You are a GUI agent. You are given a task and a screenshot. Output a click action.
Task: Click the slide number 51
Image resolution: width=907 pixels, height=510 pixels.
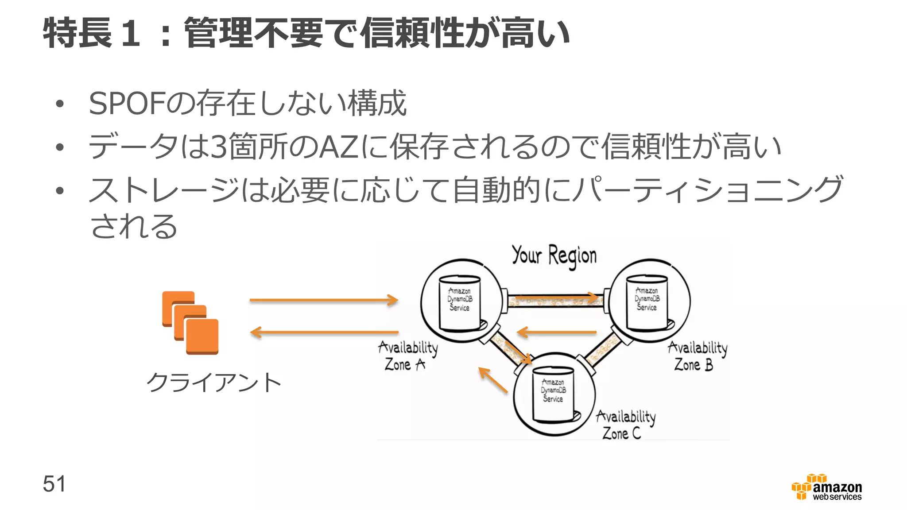click(x=54, y=483)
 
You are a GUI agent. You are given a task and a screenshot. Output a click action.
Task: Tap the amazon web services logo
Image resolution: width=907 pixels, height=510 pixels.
click(x=827, y=487)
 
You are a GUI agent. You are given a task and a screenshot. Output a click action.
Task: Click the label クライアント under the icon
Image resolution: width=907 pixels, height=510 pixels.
click(x=214, y=382)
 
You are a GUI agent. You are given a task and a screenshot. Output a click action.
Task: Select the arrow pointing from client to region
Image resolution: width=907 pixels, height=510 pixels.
click(x=323, y=300)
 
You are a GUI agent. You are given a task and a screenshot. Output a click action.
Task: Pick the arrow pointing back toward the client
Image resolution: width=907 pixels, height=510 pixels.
click(x=323, y=332)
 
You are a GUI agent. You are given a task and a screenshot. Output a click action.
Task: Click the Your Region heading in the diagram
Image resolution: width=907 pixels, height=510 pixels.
click(x=554, y=256)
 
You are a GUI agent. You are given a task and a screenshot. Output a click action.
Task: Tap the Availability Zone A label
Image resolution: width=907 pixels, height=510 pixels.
click(x=407, y=355)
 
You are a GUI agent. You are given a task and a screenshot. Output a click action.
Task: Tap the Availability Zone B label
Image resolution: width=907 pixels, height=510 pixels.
click(x=697, y=356)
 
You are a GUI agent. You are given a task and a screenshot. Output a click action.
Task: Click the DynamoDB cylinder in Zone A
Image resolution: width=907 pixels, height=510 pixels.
click(x=460, y=303)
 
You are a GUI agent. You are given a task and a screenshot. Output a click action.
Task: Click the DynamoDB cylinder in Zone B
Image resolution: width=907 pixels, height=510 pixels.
click(x=647, y=302)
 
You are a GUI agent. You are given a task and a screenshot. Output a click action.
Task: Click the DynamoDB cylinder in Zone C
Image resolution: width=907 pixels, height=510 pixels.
click(x=553, y=394)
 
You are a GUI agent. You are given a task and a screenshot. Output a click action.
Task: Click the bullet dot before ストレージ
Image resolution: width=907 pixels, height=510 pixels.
click(x=60, y=191)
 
